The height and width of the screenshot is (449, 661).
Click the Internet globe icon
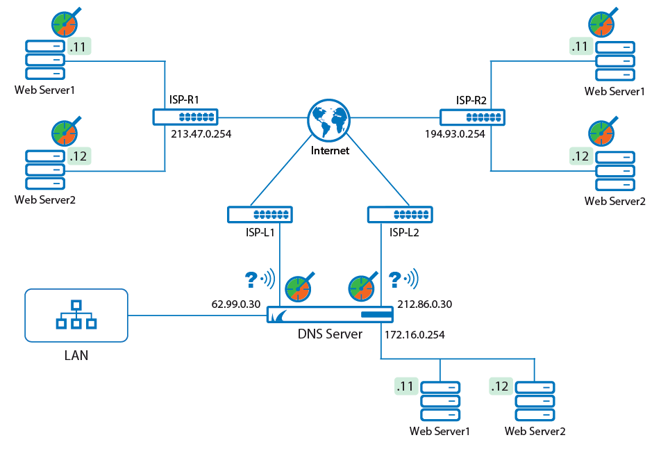pyautogui.click(x=328, y=119)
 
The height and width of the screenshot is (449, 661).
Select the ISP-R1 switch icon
pyautogui.click(x=185, y=117)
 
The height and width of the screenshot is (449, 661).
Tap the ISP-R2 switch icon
pyautogui.click(x=472, y=117)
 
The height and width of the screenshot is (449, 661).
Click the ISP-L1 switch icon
pyautogui.click(x=260, y=214)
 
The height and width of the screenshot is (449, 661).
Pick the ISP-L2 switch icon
pyautogui.click(x=400, y=214)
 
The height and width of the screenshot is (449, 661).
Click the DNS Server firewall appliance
pyautogui.click(x=330, y=317)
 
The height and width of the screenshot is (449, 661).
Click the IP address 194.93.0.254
pyautogui.click(x=455, y=134)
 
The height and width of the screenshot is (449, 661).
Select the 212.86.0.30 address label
pyautogui.click(x=425, y=304)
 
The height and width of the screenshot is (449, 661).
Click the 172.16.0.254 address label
pyautogui.click(x=414, y=334)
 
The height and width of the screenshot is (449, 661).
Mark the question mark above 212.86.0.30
pyautogui.click(x=395, y=279)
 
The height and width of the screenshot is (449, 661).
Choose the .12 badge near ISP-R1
pyautogui.click(x=79, y=156)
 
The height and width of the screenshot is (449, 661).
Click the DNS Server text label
pyautogui.click(x=330, y=334)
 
